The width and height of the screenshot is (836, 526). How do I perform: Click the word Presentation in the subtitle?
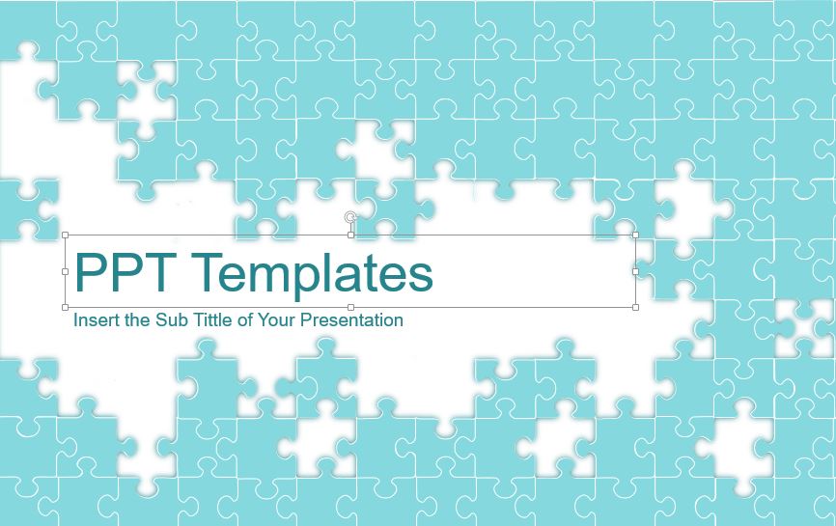pos(351,320)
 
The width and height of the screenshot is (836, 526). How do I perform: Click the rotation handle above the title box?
pos(349,217)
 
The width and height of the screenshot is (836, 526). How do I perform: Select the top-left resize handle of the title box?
pos(65,235)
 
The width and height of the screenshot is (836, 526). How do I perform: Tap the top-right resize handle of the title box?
pos(635,235)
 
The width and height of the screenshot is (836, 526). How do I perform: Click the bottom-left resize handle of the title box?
pos(65,308)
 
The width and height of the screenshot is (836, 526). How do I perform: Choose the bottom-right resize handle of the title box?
pos(635,308)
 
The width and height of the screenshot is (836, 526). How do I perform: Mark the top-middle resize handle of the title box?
pos(350,235)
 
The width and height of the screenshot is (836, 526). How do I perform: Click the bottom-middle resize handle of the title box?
pos(350,308)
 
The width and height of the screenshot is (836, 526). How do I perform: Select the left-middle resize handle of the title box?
pos(65,271)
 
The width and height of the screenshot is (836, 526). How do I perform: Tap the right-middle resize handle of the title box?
pos(635,271)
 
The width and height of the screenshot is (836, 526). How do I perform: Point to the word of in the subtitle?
pos(245,319)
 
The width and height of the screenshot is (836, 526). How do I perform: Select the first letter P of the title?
pos(90,272)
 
